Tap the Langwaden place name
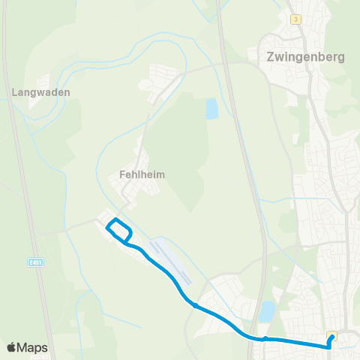[41, 93]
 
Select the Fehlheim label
[142, 174]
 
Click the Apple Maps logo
[27, 347]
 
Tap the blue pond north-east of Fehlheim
[211, 109]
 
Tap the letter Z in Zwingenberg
[271, 56]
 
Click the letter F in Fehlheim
[122, 174]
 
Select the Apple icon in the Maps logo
[11, 347]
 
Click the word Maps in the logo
[33, 348]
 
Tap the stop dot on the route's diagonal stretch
[194, 305]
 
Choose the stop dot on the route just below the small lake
[264, 339]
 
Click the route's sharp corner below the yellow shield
[328, 346]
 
